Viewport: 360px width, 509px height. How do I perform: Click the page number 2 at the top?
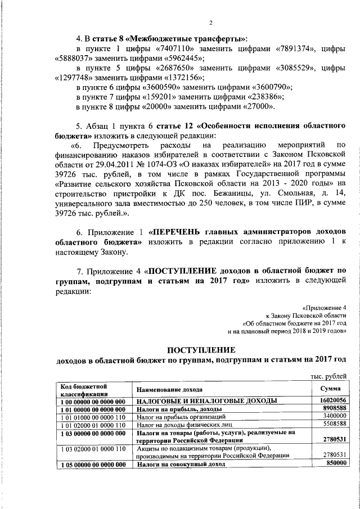click(x=210, y=22)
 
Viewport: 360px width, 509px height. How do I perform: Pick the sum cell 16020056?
click(x=330, y=400)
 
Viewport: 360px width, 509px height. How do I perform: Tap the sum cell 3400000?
click(x=332, y=416)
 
